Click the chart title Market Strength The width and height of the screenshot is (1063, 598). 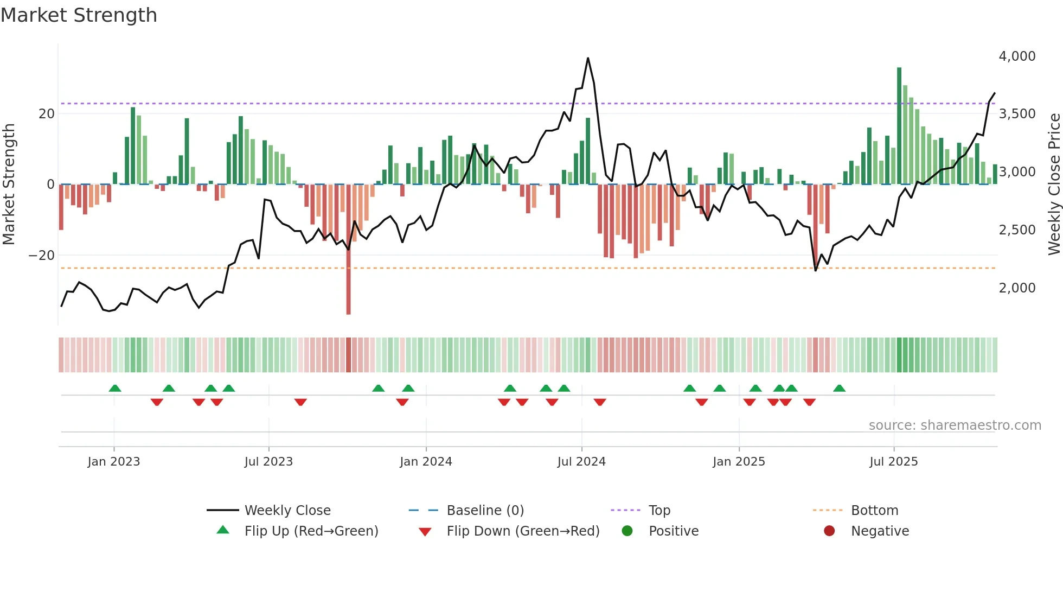(x=79, y=15)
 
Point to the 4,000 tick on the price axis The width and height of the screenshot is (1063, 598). (x=1017, y=56)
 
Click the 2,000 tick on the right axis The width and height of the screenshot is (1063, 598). (x=1017, y=288)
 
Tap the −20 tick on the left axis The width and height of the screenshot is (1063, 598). (x=42, y=256)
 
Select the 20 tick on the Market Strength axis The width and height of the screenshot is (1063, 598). (x=47, y=114)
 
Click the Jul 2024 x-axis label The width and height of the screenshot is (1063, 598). (x=581, y=462)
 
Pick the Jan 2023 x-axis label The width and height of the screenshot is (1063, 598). (x=114, y=462)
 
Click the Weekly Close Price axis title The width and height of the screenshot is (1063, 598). (x=1054, y=185)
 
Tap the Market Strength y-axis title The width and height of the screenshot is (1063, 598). (x=9, y=185)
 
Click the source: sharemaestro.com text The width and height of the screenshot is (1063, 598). (x=955, y=425)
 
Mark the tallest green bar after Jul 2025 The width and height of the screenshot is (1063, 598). (x=899, y=125)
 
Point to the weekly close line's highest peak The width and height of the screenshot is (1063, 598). (x=588, y=58)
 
